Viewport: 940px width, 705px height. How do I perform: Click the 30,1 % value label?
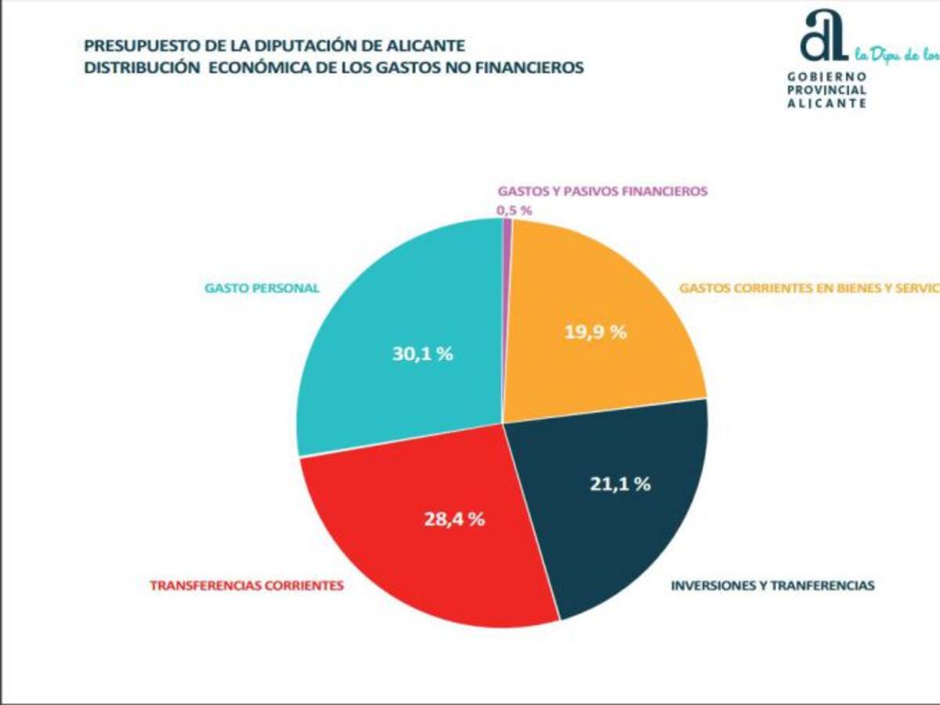coord(423,353)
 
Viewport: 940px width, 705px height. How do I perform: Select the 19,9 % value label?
coord(595,331)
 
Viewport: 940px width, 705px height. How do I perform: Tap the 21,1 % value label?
coord(620,483)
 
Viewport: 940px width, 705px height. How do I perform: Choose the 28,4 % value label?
coord(454,518)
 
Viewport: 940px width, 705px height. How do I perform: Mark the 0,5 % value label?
coord(514,210)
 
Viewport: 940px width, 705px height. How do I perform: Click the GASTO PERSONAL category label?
coord(262,287)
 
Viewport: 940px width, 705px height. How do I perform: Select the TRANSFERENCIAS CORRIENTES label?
coord(247,585)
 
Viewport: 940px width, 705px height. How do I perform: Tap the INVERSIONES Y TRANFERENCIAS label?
coord(772,585)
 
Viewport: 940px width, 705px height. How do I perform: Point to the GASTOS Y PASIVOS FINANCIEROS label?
coord(602,190)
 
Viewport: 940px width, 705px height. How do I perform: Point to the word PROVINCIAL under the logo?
coord(826,90)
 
